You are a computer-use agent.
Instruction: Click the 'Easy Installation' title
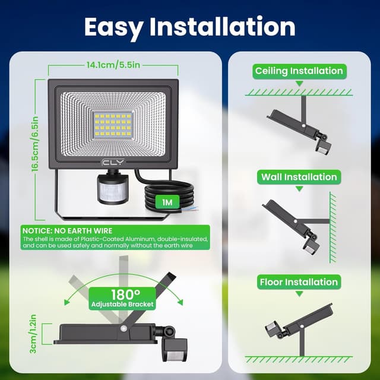[190, 27]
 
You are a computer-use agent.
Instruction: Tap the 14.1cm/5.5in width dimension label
[113, 65]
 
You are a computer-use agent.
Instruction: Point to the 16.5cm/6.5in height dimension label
[35, 144]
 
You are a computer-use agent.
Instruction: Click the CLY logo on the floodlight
[113, 162]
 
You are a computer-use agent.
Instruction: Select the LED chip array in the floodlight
[113, 125]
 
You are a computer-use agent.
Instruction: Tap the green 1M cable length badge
[167, 202]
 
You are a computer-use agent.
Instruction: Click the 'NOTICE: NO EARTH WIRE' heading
[67, 230]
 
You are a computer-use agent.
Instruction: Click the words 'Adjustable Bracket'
[122, 304]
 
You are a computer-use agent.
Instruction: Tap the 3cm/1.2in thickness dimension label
[33, 334]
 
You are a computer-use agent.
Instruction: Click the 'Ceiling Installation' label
[299, 71]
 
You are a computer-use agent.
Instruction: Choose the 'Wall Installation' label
[299, 177]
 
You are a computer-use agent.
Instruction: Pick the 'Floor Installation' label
[299, 282]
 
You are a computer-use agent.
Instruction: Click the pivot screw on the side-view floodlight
[123, 328]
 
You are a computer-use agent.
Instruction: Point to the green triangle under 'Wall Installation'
[299, 189]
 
